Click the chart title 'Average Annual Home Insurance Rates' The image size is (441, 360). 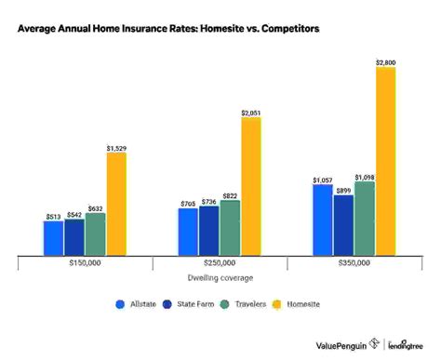[x=167, y=30]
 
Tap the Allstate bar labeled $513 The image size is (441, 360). [x=53, y=237]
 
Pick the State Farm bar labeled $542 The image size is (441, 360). [x=74, y=236]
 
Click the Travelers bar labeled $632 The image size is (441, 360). [x=95, y=233]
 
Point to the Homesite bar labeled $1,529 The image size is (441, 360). [x=116, y=203]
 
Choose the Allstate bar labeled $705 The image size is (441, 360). [x=188, y=231]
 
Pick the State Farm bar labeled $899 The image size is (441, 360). [x=343, y=224]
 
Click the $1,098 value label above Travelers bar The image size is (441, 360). [x=364, y=177]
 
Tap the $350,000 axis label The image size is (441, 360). [x=354, y=264]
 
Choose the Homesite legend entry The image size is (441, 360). [x=299, y=304]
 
